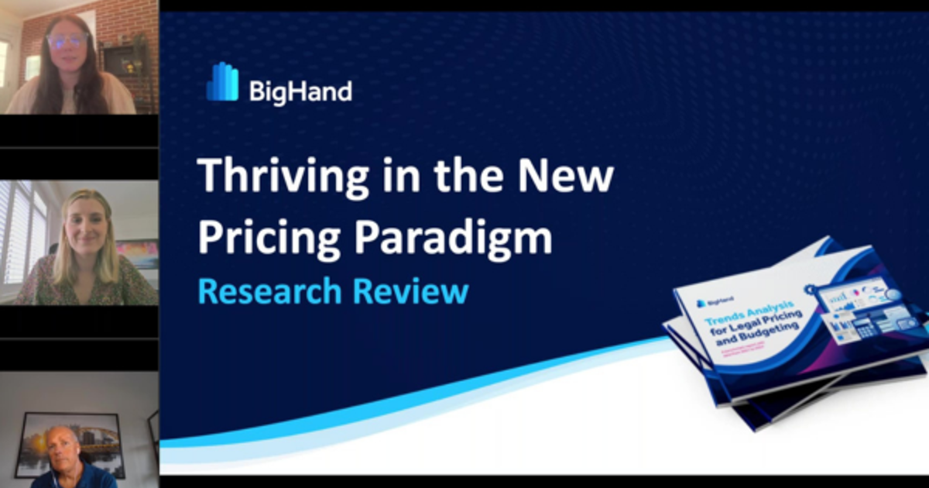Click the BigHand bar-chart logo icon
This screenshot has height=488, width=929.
[x=222, y=82]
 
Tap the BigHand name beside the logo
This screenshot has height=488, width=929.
[x=300, y=91]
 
